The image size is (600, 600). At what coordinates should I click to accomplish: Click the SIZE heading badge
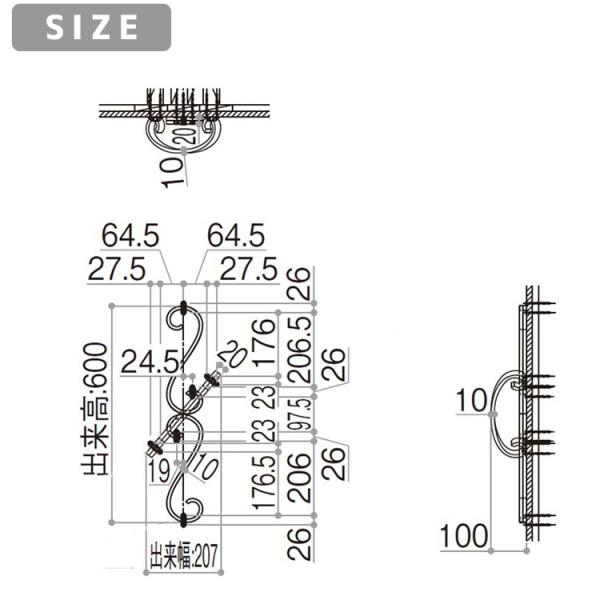click(91, 27)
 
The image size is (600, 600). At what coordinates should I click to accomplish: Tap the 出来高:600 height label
click(94, 409)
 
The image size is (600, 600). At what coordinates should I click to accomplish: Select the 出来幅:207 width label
click(184, 555)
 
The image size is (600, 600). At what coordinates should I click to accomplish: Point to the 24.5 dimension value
click(150, 362)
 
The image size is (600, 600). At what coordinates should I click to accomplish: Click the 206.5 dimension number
click(300, 350)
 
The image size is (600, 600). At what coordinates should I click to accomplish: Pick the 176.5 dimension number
click(264, 482)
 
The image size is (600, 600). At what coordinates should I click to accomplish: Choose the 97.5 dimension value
click(300, 414)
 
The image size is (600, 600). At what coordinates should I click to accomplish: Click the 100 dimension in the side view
click(464, 536)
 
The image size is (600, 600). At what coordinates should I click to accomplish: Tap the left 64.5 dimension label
click(130, 236)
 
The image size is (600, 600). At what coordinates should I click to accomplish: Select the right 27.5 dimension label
click(249, 269)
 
